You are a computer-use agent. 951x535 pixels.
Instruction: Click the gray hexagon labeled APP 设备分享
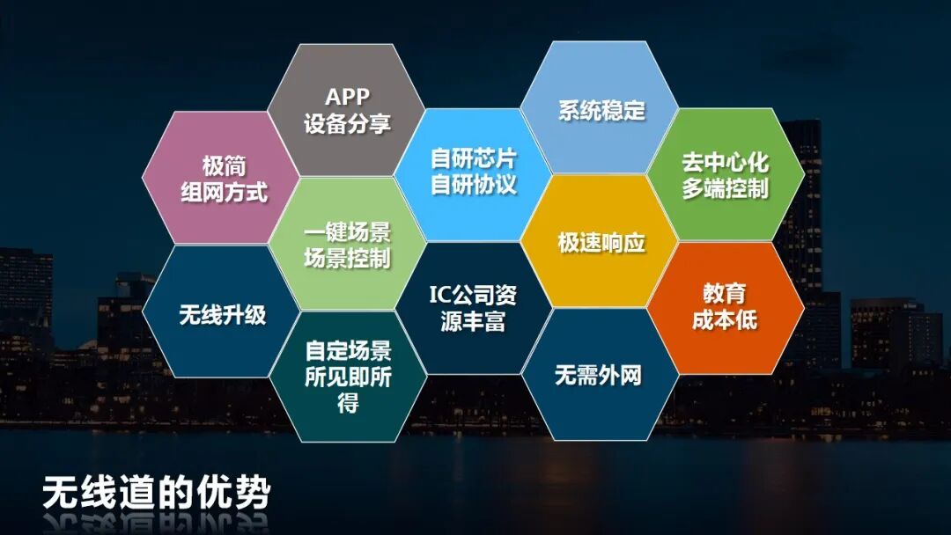pos(346,110)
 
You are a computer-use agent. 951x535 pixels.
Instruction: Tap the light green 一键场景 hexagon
pos(347,245)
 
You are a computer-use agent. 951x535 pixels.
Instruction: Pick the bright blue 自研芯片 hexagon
pos(473,172)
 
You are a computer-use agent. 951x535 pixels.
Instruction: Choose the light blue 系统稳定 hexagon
pos(601,110)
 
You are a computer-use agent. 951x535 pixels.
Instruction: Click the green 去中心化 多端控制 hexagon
pos(725,175)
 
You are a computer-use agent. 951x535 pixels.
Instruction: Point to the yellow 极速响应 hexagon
pos(601,243)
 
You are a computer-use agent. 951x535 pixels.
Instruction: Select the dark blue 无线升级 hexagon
pos(222,314)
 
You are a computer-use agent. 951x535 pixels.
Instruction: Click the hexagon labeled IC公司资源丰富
pos(473,307)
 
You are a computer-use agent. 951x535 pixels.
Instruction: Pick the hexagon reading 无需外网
pos(599,376)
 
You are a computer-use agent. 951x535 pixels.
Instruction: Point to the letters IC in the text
pos(440,293)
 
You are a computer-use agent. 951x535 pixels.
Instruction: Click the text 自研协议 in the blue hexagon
pos(473,185)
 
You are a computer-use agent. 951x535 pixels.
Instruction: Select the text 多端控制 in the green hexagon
pos(725,188)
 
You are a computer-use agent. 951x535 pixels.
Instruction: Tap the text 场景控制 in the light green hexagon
pos(347,258)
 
